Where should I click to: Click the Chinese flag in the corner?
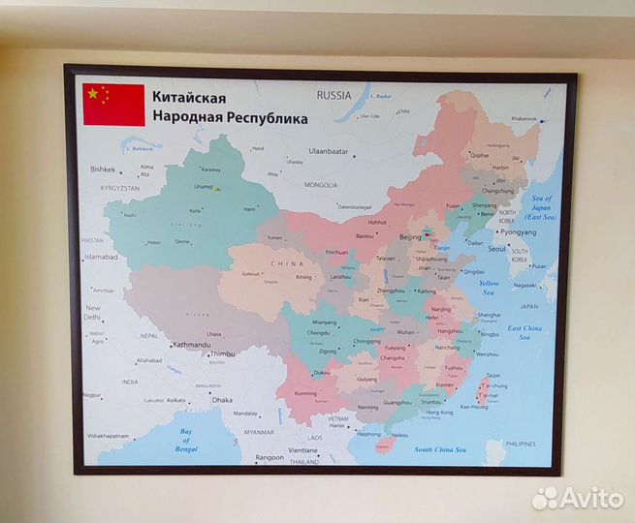113,105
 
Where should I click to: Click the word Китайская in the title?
188,98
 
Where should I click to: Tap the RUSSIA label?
333,95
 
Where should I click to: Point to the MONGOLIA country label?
321,184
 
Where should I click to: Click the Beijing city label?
411,236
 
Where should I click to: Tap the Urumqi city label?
203,186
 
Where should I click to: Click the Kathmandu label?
191,344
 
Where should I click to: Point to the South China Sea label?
441,449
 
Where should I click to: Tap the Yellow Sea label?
489,287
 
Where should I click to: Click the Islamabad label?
101,257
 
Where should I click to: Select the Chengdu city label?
320,332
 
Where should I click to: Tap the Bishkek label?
103,169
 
